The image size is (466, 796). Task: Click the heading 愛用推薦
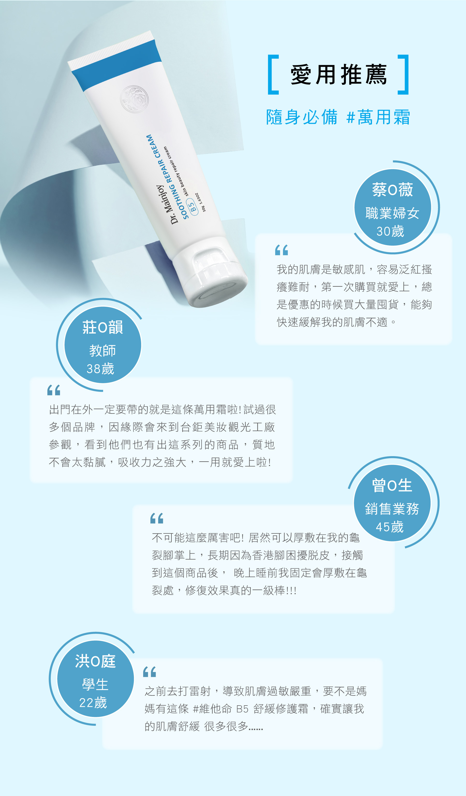click(339, 75)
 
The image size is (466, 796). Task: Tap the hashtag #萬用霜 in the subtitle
click(378, 117)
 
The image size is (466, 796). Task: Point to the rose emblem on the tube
click(134, 99)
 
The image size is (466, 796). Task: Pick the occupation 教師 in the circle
click(103, 351)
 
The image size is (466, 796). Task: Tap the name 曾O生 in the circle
click(392, 486)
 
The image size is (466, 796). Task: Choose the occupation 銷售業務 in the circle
click(392, 509)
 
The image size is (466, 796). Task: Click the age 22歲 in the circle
click(93, 703)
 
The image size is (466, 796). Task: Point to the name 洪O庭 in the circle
click(95, 661)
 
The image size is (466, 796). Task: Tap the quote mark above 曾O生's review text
click(157, 518)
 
